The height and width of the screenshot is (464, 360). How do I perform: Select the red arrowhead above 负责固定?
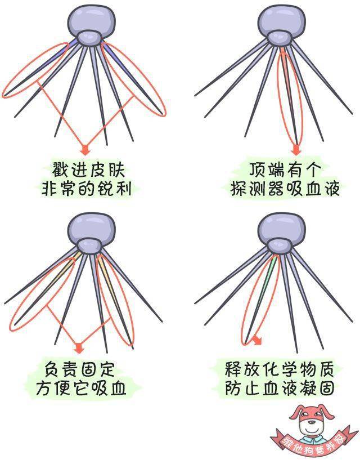[79, 347]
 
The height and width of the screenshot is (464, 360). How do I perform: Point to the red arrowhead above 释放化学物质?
[257, 340]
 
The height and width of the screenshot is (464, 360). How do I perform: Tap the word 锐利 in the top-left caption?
[114, 188]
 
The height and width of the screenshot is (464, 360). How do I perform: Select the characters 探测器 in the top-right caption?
[257, 188]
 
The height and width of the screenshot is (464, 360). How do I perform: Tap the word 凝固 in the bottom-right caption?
[317, 387]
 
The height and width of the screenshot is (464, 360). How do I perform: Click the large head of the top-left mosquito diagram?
[91, 21]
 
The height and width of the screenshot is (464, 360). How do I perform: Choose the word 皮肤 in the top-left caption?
[106, 169]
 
